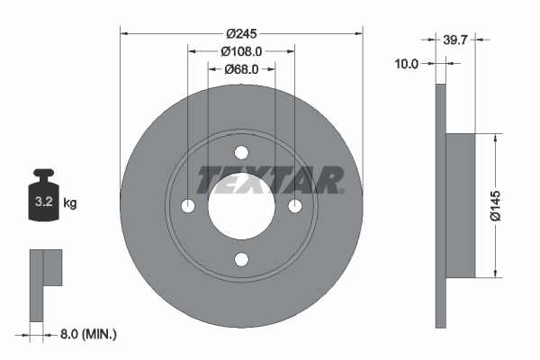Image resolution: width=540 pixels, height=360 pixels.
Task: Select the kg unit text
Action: tap(70, 203)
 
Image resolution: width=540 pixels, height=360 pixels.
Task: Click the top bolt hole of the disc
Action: tap(241, 153)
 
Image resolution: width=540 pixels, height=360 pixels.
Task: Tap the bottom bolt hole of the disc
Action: tap(241, 260)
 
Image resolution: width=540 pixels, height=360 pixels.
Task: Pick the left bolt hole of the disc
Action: tap(187, 207)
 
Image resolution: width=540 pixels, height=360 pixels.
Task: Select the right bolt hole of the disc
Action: tap(295, 207)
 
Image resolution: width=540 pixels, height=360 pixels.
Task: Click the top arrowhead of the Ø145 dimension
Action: tap(494, 139)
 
